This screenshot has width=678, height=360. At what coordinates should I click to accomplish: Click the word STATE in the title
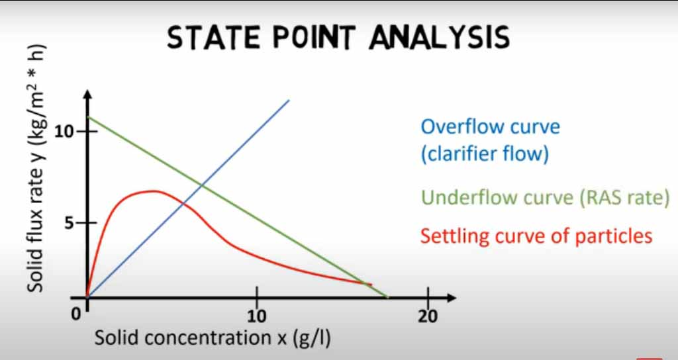tap(214, 37)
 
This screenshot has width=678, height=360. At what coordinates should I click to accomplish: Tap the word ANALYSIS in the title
tap(439, 37)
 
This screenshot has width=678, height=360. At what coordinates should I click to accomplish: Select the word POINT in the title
tap(315, 37)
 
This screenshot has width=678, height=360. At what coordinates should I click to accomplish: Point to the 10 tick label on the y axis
tap(64, 131)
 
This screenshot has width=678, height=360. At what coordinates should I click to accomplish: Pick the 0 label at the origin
tap(76, 314)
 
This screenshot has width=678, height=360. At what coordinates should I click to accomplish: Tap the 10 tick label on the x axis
tap(258, 316)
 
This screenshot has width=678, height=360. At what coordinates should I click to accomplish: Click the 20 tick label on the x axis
tap(428, 316)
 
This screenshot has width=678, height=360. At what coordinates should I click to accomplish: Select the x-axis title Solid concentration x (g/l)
tap(213, 338)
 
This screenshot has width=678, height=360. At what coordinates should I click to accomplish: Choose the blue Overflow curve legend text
tap(491, 140)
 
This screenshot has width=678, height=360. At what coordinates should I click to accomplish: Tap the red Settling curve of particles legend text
tap(536, 236)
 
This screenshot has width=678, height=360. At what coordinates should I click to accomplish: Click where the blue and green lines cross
tap(202, 186)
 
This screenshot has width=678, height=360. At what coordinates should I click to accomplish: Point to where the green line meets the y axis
tap(88, 117)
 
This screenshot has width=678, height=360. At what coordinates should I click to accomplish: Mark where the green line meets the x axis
tap(386, 297)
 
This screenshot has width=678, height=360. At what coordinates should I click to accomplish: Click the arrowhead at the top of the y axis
tap(87, 95)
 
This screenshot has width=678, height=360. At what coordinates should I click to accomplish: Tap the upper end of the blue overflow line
tap(289, 101)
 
